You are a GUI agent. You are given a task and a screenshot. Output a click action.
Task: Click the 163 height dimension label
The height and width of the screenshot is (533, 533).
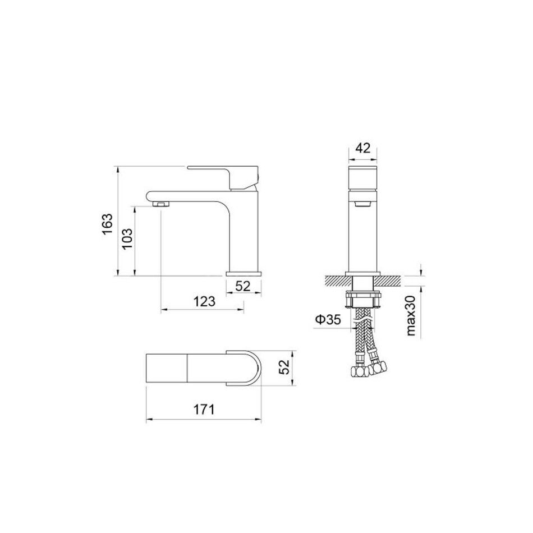(x=107, y=224)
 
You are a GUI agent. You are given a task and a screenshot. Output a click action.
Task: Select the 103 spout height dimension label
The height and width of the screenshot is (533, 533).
(x=127, y=238)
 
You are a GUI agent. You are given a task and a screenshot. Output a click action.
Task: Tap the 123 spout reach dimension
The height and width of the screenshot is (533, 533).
(x=204, y=301)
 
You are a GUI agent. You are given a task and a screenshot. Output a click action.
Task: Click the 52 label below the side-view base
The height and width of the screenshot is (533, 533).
(x=243, y=286)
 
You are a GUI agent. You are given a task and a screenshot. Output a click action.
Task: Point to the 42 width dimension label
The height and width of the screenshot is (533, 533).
(x=362, y=148)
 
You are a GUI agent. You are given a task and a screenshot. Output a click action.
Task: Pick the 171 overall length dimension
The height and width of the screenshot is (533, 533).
(x=204, y=410)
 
